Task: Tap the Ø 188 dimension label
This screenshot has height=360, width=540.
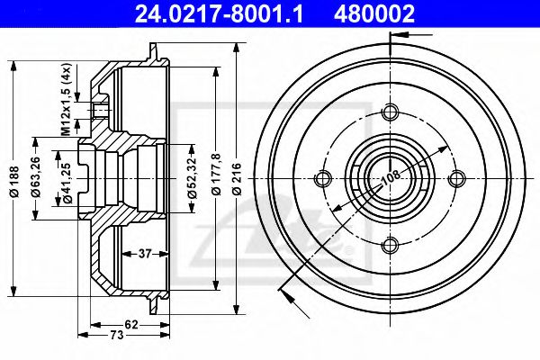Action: (x=12, y=179)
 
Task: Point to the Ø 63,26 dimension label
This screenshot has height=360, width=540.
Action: (x=35, y=179)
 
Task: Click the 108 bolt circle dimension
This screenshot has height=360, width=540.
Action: (x=388, y=180)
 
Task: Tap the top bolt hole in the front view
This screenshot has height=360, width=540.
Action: (x=390, y=112)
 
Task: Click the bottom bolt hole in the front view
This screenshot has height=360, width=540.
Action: (x=390, y=244)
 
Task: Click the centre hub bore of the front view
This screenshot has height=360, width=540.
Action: (x=390, y=178)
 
